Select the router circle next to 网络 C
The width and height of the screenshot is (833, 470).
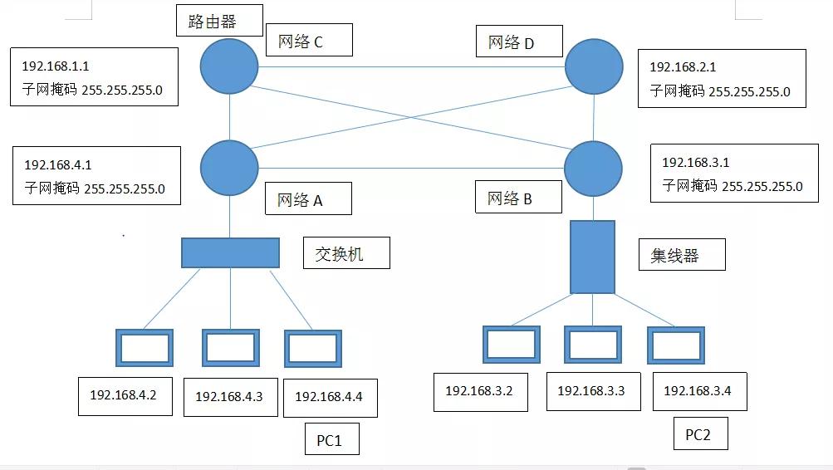pyautogui.click(x=229, y=67)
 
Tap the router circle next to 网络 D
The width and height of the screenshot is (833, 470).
pyautogui.click(x=594, y=67)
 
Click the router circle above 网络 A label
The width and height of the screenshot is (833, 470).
pyautogui.click(x=229, y=168)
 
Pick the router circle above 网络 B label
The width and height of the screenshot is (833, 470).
pyautogui.click(x=594, y=169)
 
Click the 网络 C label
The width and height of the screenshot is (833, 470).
pyautogui.click(x=308, y=40)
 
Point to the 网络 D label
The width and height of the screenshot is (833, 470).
pyautogui.click(x=519, y=41)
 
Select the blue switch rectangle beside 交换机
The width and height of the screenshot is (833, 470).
pyautogui.click(x=230, y=252)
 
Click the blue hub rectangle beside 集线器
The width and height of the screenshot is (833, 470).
pyautogui.click(x=592, y=257)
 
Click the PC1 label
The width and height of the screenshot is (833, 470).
pyautogui.click(x=329, y=439)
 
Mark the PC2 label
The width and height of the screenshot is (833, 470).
pyautogui.click(x=698, y=434)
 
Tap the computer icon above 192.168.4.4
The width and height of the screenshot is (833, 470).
pyautogui.click(x=312, y=348)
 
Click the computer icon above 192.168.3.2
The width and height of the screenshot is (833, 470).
pyautogui.click(x=511, y=344)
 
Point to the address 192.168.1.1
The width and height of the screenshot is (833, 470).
pyautogui.click(x=56, y=65)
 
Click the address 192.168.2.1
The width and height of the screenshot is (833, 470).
pyautogui.click(x=683, y=66)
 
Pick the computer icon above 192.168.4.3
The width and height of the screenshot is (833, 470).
pyautogui.click(x=230, y=347)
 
